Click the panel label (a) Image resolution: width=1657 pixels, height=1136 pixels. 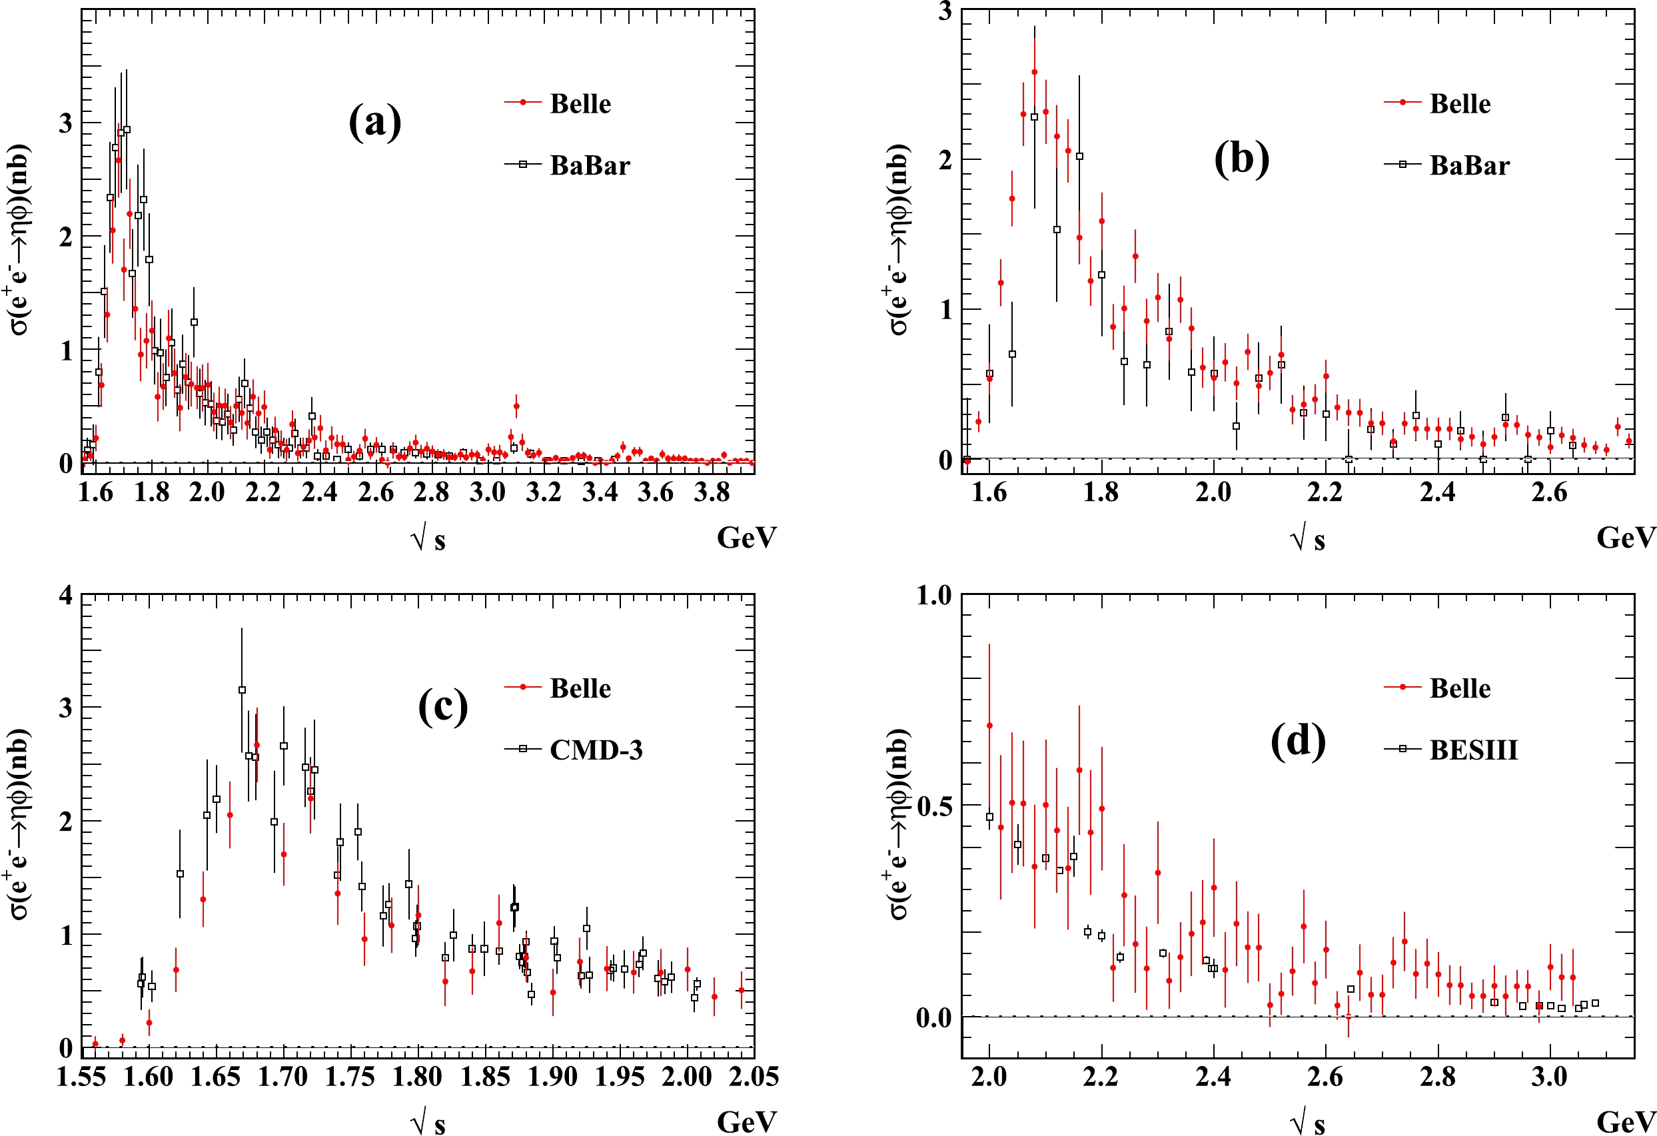[375, 122]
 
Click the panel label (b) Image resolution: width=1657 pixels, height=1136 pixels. [1241, 159]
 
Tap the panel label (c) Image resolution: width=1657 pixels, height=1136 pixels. [443, 707]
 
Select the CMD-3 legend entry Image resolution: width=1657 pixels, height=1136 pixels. [596, 750]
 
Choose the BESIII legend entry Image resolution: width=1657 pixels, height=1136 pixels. [1473, 750]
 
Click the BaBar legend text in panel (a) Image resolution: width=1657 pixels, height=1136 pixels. [590, 165]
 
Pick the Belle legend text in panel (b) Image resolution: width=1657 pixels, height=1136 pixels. [1460, 104]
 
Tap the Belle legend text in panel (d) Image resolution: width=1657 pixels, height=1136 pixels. [1460, 688]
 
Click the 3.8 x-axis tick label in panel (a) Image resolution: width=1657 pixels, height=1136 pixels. [711, 492]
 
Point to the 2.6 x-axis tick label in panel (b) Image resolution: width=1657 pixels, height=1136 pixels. [1548, 492]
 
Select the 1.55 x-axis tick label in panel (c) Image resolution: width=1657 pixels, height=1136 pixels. [81, 1077]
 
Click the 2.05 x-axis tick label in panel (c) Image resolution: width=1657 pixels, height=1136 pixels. [754, 1077]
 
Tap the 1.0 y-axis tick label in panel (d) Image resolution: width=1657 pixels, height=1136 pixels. [933, 596]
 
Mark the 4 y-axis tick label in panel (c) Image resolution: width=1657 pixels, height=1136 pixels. [67, 596]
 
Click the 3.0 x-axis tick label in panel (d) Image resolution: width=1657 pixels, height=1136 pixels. [1548, 1077]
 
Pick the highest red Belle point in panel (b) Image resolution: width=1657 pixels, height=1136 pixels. [1035, 72]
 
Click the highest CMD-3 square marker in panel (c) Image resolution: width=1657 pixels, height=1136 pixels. [242, 690]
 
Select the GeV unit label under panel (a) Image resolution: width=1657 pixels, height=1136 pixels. [746, 538]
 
